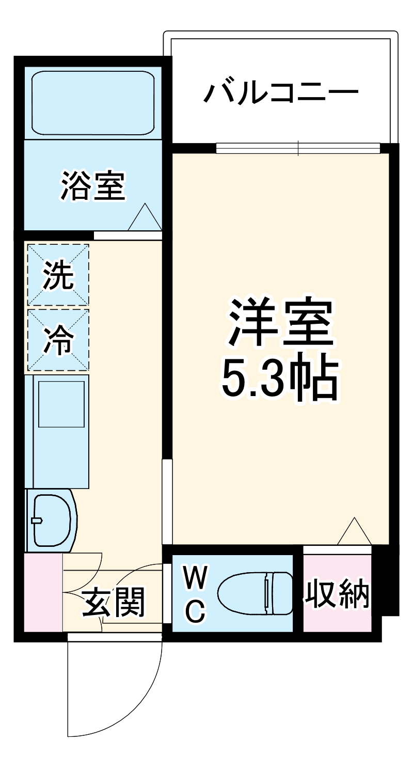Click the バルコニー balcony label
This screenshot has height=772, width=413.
[x=281, y=93]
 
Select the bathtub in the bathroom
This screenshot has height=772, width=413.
[x=93, y=103]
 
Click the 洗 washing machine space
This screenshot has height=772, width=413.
[x=58, y=274]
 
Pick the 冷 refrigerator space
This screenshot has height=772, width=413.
[x=58, y=340]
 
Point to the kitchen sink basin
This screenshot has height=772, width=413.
[x=61, y=404]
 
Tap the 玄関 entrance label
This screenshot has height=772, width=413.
[x=114, y=602]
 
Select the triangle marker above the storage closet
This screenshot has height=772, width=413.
[x=354, y=532]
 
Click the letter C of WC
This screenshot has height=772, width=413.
[x=196, y=611]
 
